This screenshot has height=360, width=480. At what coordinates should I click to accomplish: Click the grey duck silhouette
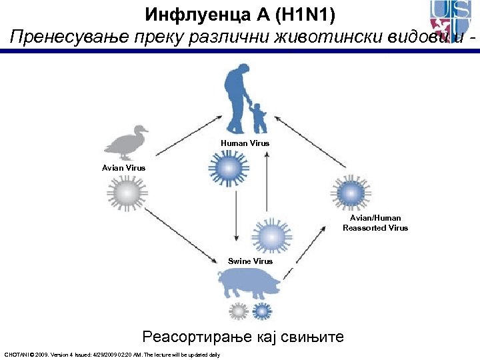[126, 143]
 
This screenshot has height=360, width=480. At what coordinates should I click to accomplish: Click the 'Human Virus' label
[245, 143]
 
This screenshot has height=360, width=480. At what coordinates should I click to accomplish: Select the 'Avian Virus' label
[123, 167]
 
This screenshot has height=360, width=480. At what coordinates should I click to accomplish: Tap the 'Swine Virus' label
[250, 261]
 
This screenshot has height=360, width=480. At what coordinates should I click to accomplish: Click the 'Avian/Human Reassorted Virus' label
[375, 223]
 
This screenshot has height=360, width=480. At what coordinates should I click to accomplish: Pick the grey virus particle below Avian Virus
[125, 194]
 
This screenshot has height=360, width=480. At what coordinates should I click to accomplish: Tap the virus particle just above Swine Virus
[270, 237]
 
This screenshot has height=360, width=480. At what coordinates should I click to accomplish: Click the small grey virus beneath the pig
[238, 311]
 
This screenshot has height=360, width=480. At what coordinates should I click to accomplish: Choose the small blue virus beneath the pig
[260, 311]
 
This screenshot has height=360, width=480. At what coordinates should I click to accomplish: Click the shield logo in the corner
[452, 20]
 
